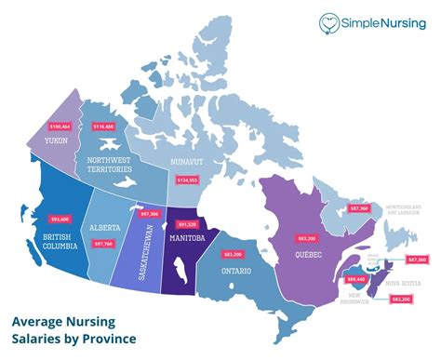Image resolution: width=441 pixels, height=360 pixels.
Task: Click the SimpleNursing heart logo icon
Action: coord(328,23)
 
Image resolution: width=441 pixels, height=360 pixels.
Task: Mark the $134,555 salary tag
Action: coord(186,179)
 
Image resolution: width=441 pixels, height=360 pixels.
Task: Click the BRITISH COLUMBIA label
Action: coord(47,240)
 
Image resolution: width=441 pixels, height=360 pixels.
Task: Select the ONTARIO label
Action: coord(236,272)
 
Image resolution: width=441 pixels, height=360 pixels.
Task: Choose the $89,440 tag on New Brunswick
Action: coord(354,277)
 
